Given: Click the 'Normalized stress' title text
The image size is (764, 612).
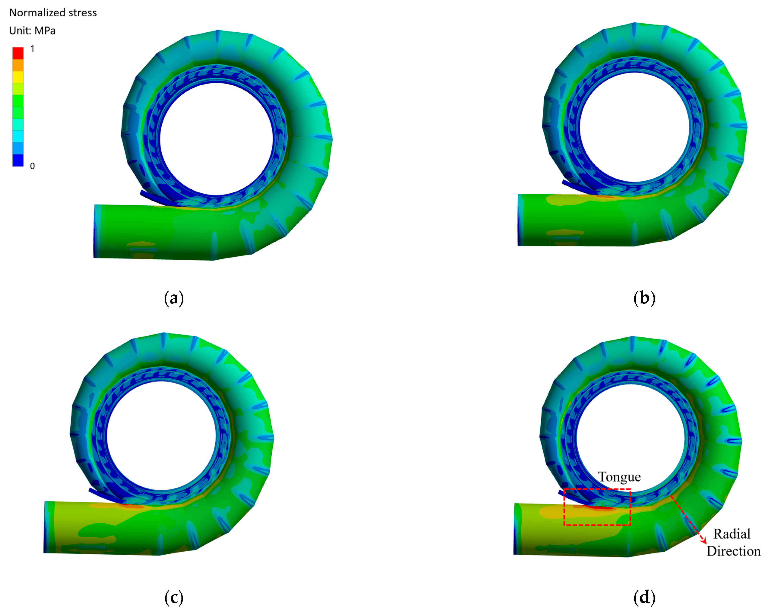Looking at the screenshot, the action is pyautogui.click(x=53, y=13).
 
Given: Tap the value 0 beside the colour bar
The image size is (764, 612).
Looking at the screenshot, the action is pyautogui.click(x=32, y=166).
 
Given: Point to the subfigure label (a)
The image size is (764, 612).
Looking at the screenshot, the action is pyautogui.click(x=174, y=298).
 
